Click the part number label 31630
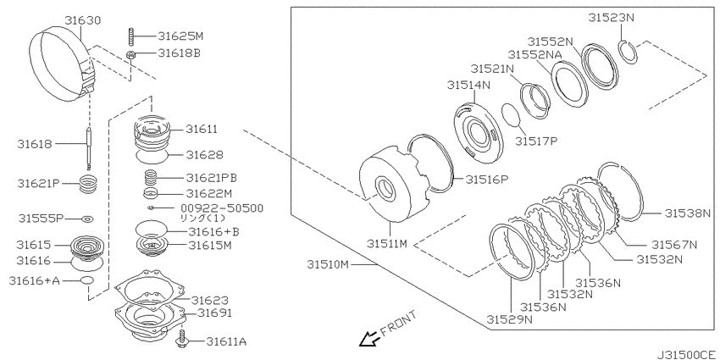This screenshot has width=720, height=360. [83, 20]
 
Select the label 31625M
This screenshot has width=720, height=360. [180, 36]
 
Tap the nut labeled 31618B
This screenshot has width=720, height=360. [130, 56]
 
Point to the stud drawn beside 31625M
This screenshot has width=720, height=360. [130, 36]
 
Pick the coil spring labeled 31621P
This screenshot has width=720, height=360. [89, 186]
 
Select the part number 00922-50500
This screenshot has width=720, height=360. [223, 209]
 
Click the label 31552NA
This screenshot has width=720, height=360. [535, 54]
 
